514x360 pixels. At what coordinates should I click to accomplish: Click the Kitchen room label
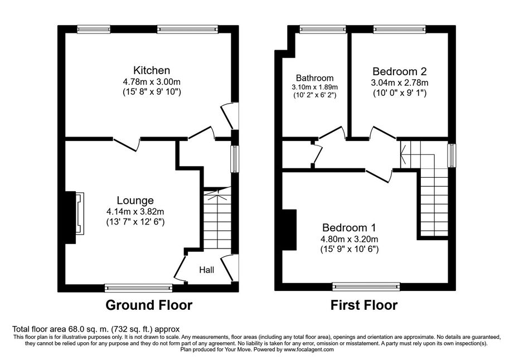click(x=152, y=70)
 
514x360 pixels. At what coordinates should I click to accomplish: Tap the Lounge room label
click(x=135, y=201)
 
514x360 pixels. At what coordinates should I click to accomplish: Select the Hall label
click(x=206, y=270)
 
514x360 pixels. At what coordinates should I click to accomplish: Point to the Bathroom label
click(x=314, y=78)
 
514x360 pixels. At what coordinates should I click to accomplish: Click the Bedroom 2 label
click(x=400, y=71)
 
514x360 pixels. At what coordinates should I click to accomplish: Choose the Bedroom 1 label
click(x=349, y=227)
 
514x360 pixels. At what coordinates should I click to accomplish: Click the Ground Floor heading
click(x=149, y=305)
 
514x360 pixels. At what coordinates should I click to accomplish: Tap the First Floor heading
click(x=364, y=305)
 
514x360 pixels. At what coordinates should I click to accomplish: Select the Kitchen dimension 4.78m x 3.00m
click(x=152, y=81)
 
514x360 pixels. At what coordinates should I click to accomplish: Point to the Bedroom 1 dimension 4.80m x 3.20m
click(x=350, y=239)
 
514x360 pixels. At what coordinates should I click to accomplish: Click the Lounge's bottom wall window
click(x=138, y=288)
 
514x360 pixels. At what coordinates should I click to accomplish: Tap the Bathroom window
click(x=323, y=30)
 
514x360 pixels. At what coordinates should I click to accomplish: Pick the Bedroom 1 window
click(x=366, y=286)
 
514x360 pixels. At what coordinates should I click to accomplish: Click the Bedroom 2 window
click(x=400, y=30)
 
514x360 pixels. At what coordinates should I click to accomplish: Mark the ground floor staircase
click(x=217, y=218)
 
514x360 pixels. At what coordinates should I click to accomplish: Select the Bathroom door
click(x=332, y=133)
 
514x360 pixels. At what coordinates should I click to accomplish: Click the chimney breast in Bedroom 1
click(x=289, y=230)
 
